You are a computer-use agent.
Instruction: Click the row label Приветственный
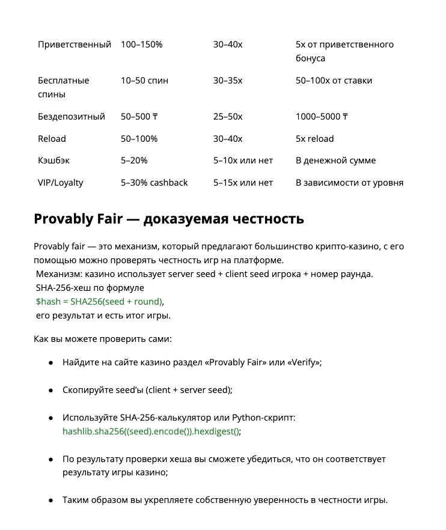[x=75, y=44]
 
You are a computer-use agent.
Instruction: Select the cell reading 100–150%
[x=141, y=44]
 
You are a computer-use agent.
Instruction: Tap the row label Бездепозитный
[x=72, y=117]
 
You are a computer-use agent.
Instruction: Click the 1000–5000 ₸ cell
[x=322, y=117]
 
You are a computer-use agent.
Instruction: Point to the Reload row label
[x=52, y=139]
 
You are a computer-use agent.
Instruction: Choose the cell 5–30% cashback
[x=154, y=183]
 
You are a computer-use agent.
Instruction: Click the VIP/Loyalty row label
[x=61, y=183]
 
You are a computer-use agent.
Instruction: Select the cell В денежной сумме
[x=335, y=160]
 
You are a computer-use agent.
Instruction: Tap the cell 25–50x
[x=228, y=117]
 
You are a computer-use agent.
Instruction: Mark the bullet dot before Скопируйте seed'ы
[x=51, y=390]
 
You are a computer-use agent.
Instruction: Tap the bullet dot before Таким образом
[x=51, y=500]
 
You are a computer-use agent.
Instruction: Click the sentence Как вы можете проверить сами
[x=103, y=340]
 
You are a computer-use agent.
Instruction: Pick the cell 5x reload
[x=314, y=139]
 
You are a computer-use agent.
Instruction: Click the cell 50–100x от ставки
[x=334, y=81]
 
